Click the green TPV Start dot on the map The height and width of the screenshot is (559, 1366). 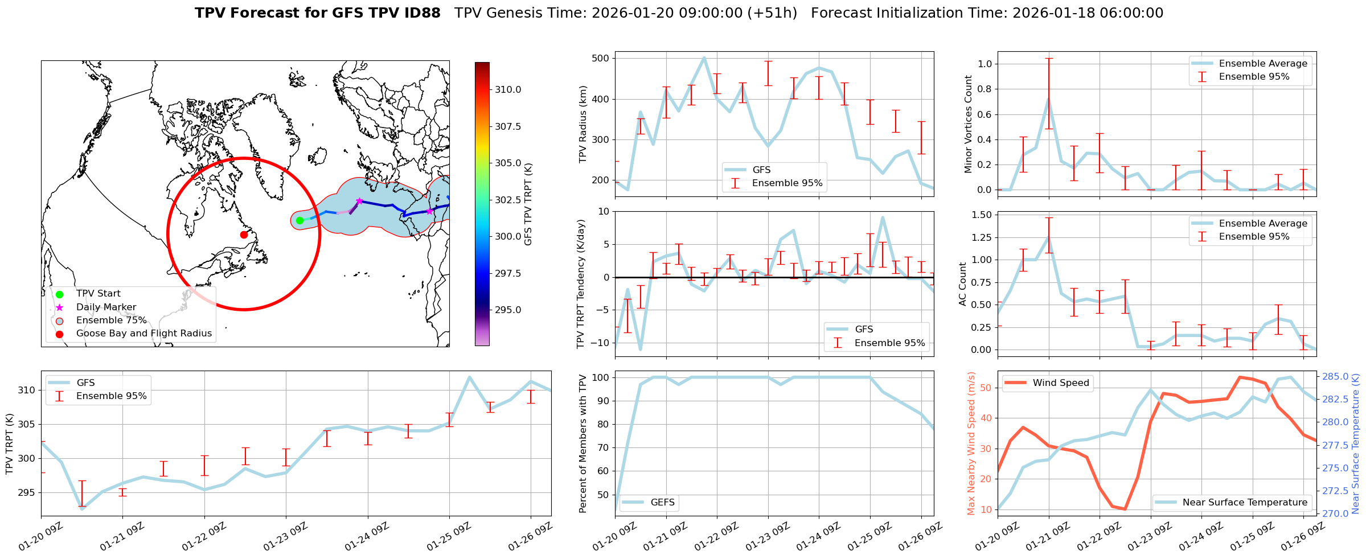coord(300,220)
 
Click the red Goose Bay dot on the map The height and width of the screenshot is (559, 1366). coord(244,235)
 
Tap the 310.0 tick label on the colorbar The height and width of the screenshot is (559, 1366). coord(508,89)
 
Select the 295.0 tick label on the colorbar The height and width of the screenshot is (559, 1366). coord(508,310)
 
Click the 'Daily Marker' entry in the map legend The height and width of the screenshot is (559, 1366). coord(106,307)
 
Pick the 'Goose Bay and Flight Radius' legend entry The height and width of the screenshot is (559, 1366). coord(143,333)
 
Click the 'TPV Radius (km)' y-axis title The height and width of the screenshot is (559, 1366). coord(583,124)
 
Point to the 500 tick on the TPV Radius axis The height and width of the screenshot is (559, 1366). coord(601,58)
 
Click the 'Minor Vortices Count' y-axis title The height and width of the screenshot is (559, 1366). coord(968,124)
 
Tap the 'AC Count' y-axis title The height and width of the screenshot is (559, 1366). coord(963,284)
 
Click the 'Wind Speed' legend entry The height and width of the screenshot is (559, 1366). coord(1061,383)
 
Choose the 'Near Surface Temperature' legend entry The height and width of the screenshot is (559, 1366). coord(1245,502)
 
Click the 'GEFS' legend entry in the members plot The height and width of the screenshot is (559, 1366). coord(662,502)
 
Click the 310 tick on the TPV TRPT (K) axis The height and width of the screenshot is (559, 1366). coord(26,390)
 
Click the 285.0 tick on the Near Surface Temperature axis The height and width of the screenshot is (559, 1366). coord(1335,376)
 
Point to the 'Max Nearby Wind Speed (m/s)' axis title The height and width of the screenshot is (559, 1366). coord(971,443)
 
